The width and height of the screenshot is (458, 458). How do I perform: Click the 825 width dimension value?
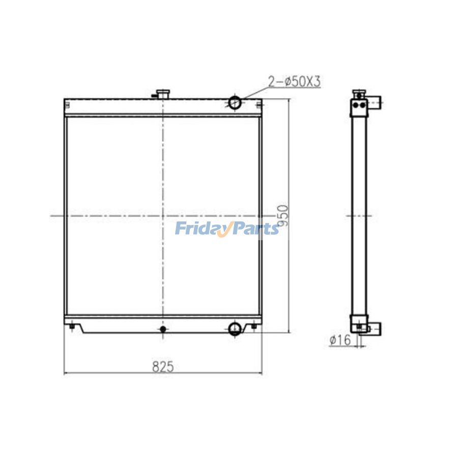click(x=163, y=366)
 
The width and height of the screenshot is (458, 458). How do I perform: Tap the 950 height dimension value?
click(x=283, y=216)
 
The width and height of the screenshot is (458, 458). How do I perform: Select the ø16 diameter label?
click(x=340, y=340)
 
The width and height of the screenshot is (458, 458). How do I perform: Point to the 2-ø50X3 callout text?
click(x=295, y=82)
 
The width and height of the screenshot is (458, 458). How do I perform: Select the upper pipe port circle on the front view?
click(x=235, y=102)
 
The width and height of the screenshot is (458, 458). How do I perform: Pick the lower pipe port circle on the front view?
click(x=235, y=329)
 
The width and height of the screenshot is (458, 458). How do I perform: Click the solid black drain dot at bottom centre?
click(x=163, y=329)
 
